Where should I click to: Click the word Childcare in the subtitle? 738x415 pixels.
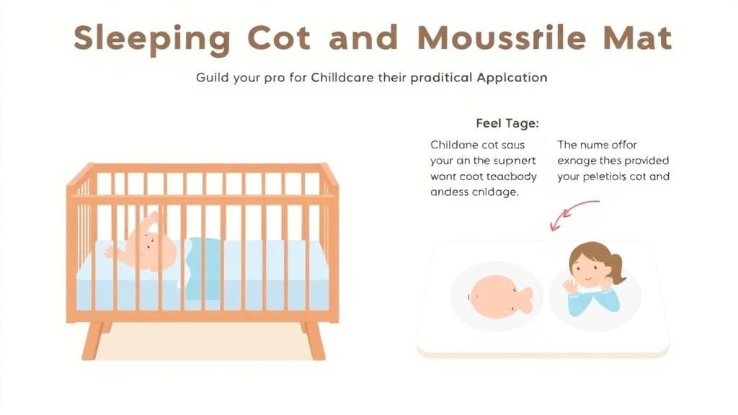click(x=342, y=77)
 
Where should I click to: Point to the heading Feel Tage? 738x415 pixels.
click(x=507, y=123)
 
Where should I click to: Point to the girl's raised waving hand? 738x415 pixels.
click(x=570, y=286)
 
